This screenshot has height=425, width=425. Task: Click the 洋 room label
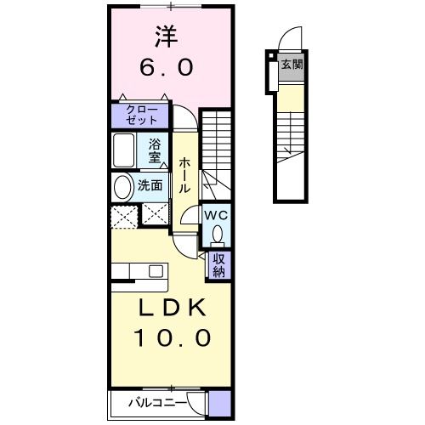point(167,37)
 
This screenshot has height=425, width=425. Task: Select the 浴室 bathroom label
point(156,150)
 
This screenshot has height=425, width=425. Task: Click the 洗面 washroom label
point(151,184)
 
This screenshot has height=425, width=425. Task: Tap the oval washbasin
point(123,186)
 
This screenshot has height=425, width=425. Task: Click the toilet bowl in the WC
point(218,232)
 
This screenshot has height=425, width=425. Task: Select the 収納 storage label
point(218,265)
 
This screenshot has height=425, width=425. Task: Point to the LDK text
point(170,307)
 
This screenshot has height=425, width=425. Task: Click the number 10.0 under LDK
point(170,337)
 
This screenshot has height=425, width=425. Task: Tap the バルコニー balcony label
point(158,401)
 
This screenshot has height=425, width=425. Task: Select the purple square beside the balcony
point(219,402)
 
